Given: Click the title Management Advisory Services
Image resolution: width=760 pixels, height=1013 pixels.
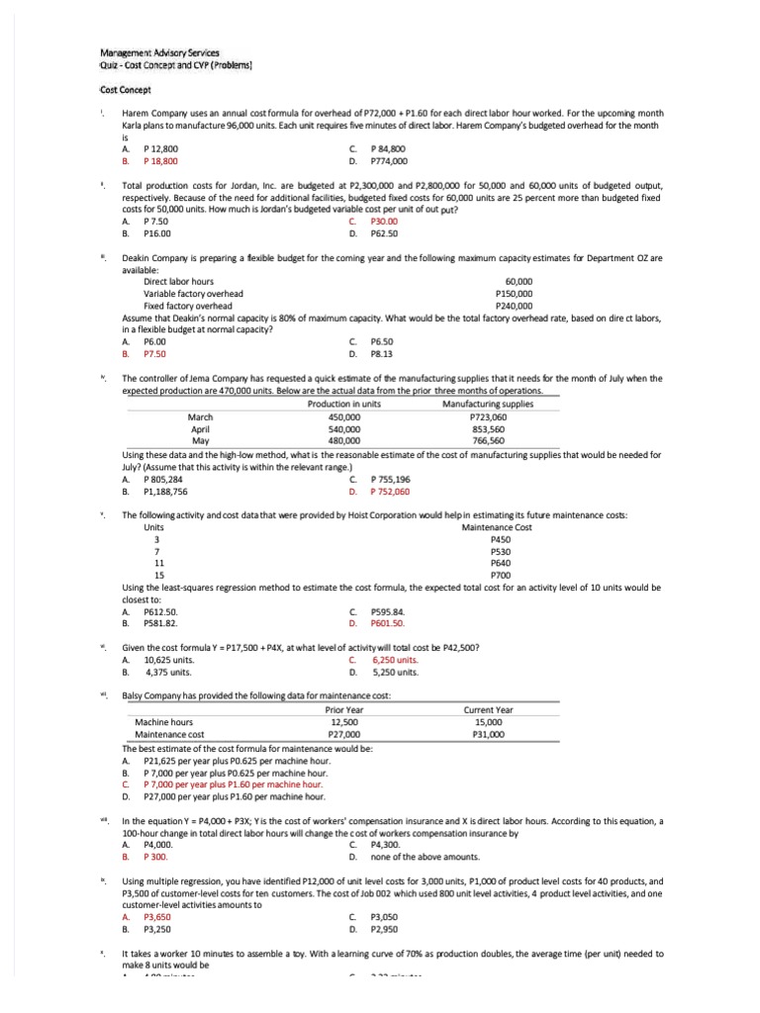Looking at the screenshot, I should click(160, 51).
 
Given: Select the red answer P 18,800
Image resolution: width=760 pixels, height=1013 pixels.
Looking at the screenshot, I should click(160, 159).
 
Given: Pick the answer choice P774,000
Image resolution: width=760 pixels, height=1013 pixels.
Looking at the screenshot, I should click(388, 159).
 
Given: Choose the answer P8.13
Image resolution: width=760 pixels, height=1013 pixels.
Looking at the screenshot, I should click(381, 352).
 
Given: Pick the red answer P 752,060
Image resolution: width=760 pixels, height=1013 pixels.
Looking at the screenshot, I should click(389, 491).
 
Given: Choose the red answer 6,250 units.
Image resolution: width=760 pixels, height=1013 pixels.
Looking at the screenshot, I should click(394, 660).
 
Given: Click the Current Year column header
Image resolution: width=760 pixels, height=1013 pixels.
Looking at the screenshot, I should click(488, 709).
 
